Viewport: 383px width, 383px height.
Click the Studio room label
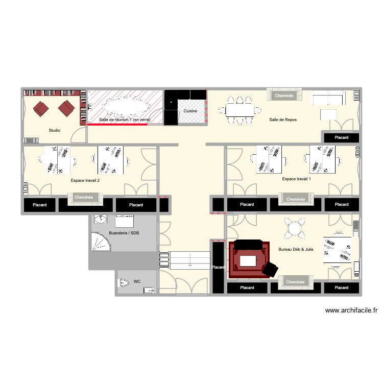[x=55, y=130]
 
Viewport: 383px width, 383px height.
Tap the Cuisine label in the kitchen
[x=190, y=111]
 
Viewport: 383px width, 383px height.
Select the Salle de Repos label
[x=283, y=119]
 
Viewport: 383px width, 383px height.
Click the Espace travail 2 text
[x=85, y=180]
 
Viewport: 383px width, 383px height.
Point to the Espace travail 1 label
[x=296, y=179]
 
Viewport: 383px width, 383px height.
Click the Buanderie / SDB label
[x=124, y=233]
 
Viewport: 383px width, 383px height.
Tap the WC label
[x=137, y=281]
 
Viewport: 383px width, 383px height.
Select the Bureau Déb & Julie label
[x=296, y=250]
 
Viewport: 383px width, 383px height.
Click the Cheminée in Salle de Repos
[x=284, y=95]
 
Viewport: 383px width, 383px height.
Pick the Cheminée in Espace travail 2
[x=84, y=198]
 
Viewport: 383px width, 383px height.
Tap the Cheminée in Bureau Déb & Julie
[x=295, y=282]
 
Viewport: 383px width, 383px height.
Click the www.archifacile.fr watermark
[x=350, y=310]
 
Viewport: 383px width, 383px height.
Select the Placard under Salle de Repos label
[x=341, y=137]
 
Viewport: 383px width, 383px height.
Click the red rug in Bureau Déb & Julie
[x=249, y=259]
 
